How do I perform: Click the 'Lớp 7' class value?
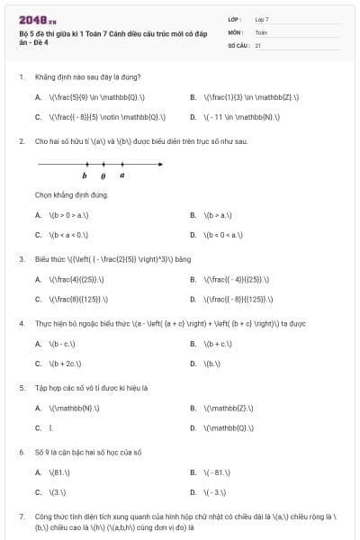tap(262, 19)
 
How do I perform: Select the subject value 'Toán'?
tap(261, 31)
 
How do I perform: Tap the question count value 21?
tap(258, 44)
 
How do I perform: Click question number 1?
tap(21, 76)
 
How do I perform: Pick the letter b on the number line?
tap(85, 175)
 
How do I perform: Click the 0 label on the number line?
tap(103, 175)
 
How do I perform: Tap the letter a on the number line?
tap(122, 175)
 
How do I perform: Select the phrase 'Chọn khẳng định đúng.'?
tap(72, 194)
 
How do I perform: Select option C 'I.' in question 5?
tap(50, 427)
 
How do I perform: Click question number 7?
tap(21, 517)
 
